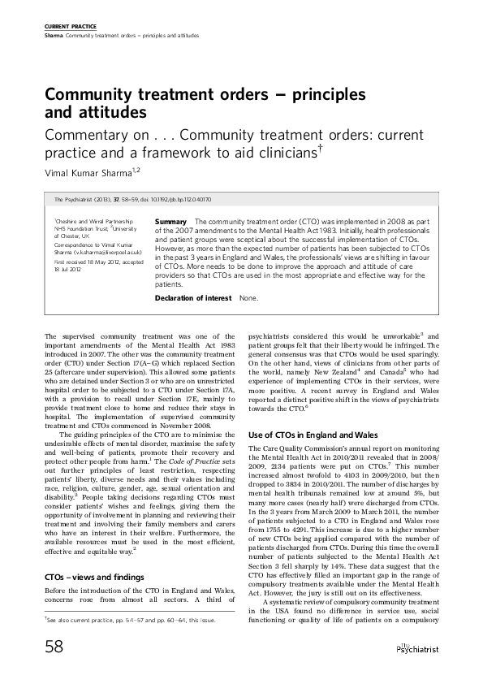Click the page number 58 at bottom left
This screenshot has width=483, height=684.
pyautogui.click(x=55, y=647)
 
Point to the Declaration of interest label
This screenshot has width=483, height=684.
pyautogui.click(x=193, y=298)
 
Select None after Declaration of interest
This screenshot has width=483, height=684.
pyautogui.click(x=248, y=298)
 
